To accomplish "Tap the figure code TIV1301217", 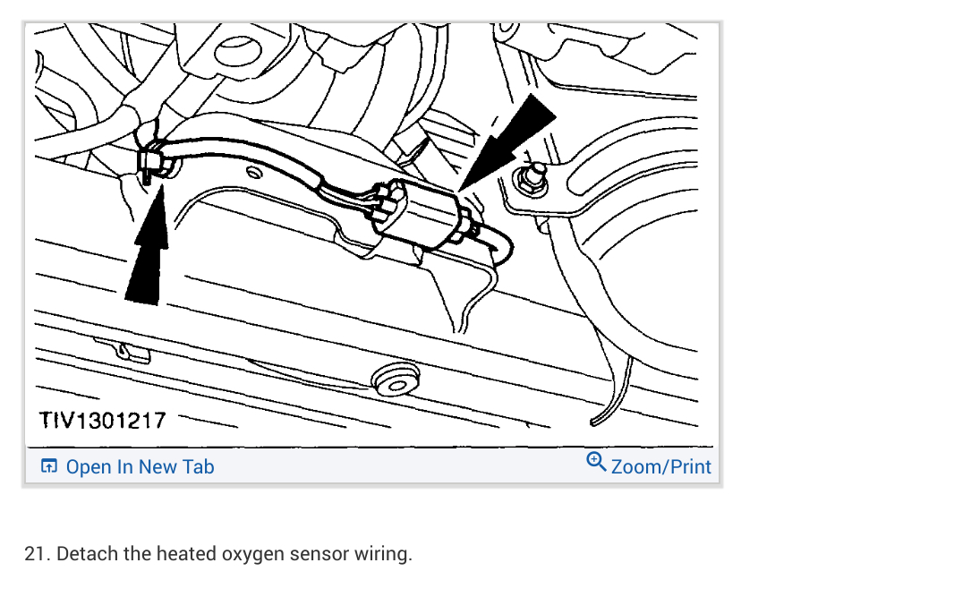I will point(103,420).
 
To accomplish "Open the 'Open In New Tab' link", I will point(140,466).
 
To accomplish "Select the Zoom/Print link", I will point(660,466).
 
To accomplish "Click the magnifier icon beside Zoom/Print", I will point(596,462).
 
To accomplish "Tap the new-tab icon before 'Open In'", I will point(49,466).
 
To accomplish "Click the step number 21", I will point(36,554).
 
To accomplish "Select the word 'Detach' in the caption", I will point(87,554).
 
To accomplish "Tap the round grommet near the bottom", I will point(394,380).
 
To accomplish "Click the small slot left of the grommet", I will point(134,351).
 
